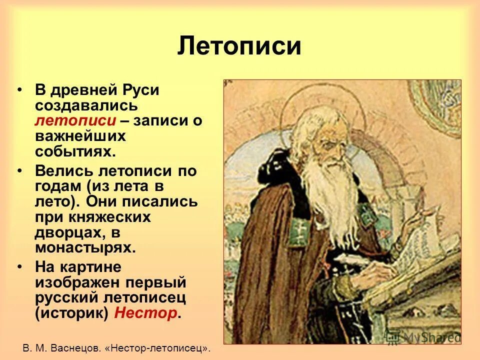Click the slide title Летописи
pos(239,46)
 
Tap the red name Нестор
pos(145,313)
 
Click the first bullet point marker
pos(19,90)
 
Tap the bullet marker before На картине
pos(19,267)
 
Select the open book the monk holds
pos(425,245)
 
